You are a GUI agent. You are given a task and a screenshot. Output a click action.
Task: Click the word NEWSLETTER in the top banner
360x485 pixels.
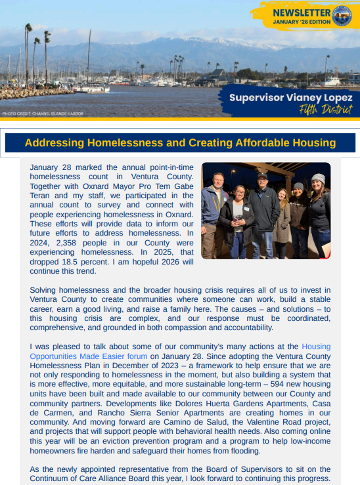(300, 13)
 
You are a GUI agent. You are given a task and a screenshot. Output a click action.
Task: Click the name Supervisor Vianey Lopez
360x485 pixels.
(290, 97)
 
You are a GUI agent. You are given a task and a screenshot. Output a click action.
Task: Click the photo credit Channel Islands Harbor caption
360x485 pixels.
(43, 114)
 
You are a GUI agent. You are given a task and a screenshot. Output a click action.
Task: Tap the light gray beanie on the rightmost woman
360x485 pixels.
(318, 178)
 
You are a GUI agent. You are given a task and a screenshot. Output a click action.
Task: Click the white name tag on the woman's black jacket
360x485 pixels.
(247, 209)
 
